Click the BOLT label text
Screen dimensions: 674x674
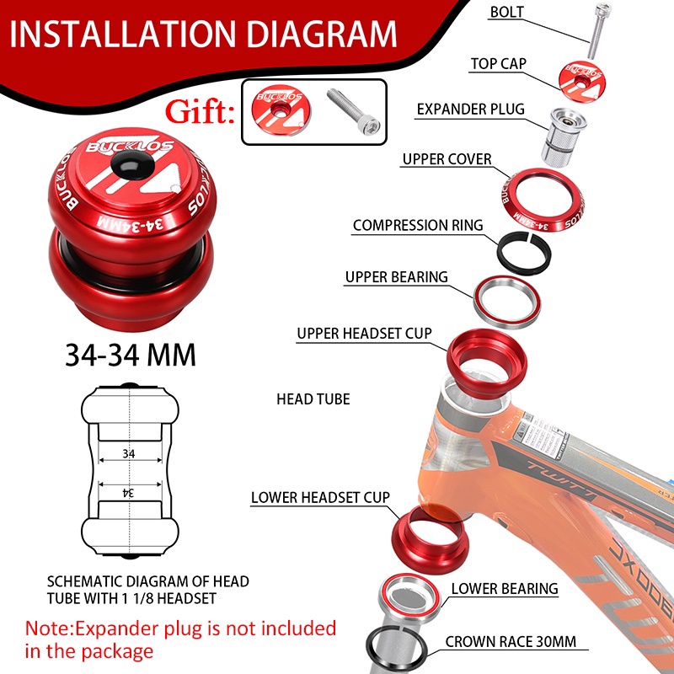click(507, 12)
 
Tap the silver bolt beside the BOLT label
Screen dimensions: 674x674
click(599, 30)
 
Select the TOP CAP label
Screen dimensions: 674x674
click(498, 64)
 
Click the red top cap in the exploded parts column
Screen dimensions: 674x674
click(582, 82)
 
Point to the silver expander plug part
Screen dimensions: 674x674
click(563, 136)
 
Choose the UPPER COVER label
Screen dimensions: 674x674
click(447, 159)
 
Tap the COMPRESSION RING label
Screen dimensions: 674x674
click(418, 225)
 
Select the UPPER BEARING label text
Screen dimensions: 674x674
click(396, 277)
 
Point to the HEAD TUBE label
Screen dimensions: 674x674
click(313, 399)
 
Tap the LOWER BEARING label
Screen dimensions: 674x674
click(505, 589)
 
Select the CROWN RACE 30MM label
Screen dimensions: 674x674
click(511, 642)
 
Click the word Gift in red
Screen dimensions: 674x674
click(200, 112)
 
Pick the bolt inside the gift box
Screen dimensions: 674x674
click(353, 111)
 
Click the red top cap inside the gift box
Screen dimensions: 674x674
click(281, 110)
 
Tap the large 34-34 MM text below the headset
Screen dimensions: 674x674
click(131, 355)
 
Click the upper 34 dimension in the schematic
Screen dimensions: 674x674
click(129, 453)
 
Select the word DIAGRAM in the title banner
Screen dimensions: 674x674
click(322, 34)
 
